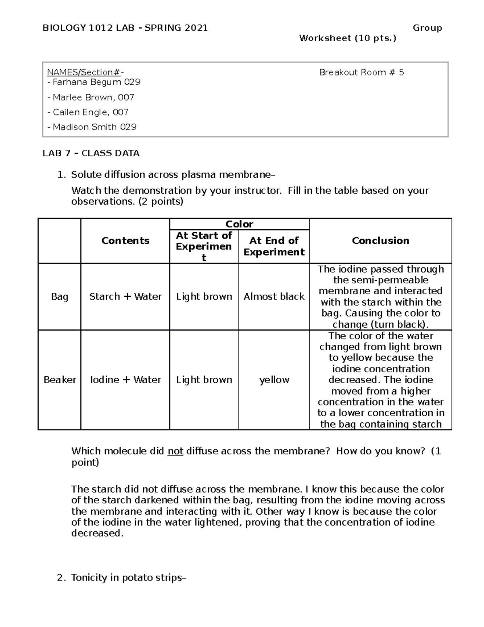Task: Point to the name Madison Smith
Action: coord(84,127)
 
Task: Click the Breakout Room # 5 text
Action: coord(361,72)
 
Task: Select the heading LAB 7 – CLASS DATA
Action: coord(91,153)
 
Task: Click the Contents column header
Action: coord(125,241)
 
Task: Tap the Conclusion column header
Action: coord(380,241)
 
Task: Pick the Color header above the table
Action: coord(239,224)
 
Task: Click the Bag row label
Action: coord(59,297)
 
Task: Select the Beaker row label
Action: coord(60,380)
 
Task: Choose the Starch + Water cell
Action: coord(125,297)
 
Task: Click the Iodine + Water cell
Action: coord(125,380)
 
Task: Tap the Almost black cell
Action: coord(274,297)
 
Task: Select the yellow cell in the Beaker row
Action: coord(274,380)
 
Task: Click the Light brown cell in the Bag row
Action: coord(204,297)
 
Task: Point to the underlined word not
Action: coord(175,451)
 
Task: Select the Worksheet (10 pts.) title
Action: coord(348,38)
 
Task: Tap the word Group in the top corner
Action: coord(427,28)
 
